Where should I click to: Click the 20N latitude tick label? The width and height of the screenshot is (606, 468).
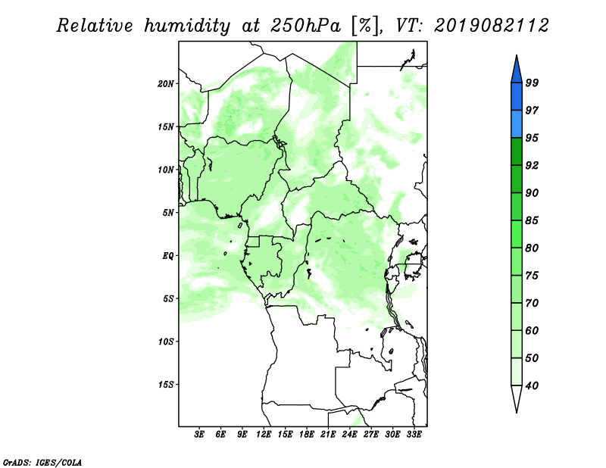(x=166, y=84)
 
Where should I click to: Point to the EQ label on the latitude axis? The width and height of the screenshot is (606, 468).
(x=168, y=256)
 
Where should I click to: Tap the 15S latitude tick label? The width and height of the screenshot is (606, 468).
(x=166, y=385)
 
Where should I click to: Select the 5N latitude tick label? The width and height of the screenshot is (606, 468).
(x=168, y=213)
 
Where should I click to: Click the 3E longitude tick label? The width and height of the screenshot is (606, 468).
(x=199, y=435)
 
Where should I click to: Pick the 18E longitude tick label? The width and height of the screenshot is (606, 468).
(x=307, y=435)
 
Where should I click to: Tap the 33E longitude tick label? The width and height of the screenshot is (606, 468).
(x=414, y=435)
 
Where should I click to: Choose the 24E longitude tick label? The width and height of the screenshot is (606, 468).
(x=349, y=435)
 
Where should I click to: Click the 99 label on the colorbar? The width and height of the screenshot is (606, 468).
(x=532, y=83)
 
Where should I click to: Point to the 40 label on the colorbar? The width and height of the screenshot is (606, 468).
(x=532, y=385)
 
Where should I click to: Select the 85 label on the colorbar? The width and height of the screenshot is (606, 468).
(x=532, y=220)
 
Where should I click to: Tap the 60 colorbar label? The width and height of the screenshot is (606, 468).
(x=532, y=331)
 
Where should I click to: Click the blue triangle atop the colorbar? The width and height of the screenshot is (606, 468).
(x=517, y=71)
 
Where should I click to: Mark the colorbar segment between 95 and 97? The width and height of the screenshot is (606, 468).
(x=517, y=124)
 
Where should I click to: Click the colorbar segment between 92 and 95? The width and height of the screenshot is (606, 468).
(x=517, y=151)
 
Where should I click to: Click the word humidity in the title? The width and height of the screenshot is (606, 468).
(x=187, y=26)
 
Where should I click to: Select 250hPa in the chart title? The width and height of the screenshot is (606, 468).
(x=305, y=26)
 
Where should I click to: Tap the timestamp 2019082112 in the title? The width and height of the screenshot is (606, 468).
(x=491, y=26)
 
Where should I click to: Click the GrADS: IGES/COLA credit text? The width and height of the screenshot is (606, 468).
(x=42, y=463)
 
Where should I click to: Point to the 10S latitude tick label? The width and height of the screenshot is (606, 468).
(x=166, y=342)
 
